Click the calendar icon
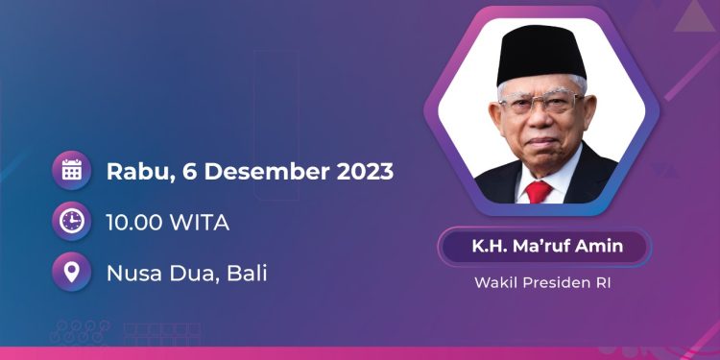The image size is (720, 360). (x=71, y=171)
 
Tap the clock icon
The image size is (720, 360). (x=71, y=222)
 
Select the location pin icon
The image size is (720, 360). (x=71, y=273)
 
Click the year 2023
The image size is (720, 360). (x=364, y=172)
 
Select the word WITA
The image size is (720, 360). (x=200, y=223)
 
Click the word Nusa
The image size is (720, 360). (x=134, y=273)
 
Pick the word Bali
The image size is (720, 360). (x=246, y=273)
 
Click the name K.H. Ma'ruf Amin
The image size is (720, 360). (x=546, y=247)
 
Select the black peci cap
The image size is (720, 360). (x=541, y=53)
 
